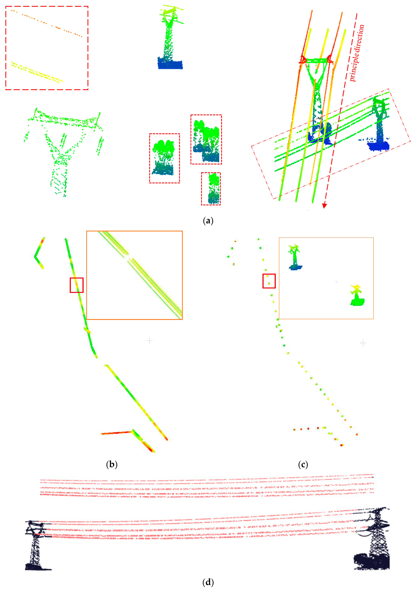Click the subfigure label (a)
[x=208, y=221]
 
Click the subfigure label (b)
[x=112, y=464]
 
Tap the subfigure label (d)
[x=208, y=582]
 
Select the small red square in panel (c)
[x=269, y=281]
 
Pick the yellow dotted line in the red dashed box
[x=36, y=72]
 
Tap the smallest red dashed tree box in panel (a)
[x=211, y=189]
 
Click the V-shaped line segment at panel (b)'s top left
[x=39, y=254]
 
